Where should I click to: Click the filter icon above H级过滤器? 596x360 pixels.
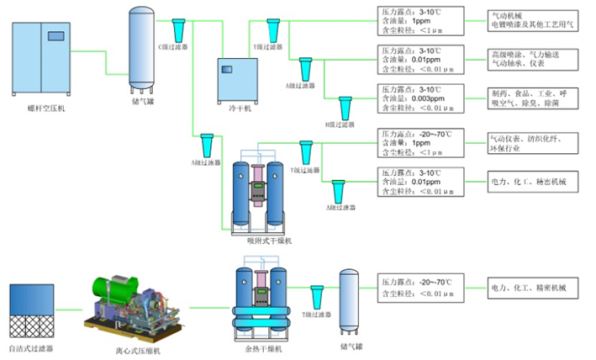(345, 106)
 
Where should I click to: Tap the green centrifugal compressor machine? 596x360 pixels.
(130, 300)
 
